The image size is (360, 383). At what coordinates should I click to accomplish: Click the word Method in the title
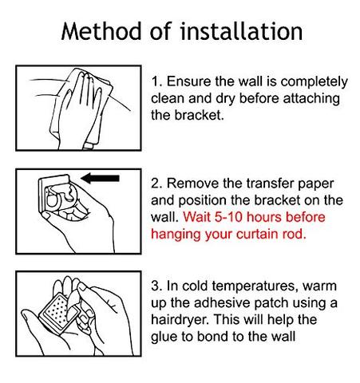[x=101, y=31]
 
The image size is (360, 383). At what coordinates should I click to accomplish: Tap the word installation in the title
[x=241, y=31]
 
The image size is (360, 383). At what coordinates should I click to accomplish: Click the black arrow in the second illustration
[x=100, y=178]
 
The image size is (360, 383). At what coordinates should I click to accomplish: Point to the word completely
[x=314, y=82]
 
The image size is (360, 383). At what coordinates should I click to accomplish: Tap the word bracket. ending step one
[x=199, y=115]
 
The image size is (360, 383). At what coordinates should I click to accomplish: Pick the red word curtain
[x=257, y=234]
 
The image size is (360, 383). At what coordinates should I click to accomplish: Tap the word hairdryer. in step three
[x=180, y=321]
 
